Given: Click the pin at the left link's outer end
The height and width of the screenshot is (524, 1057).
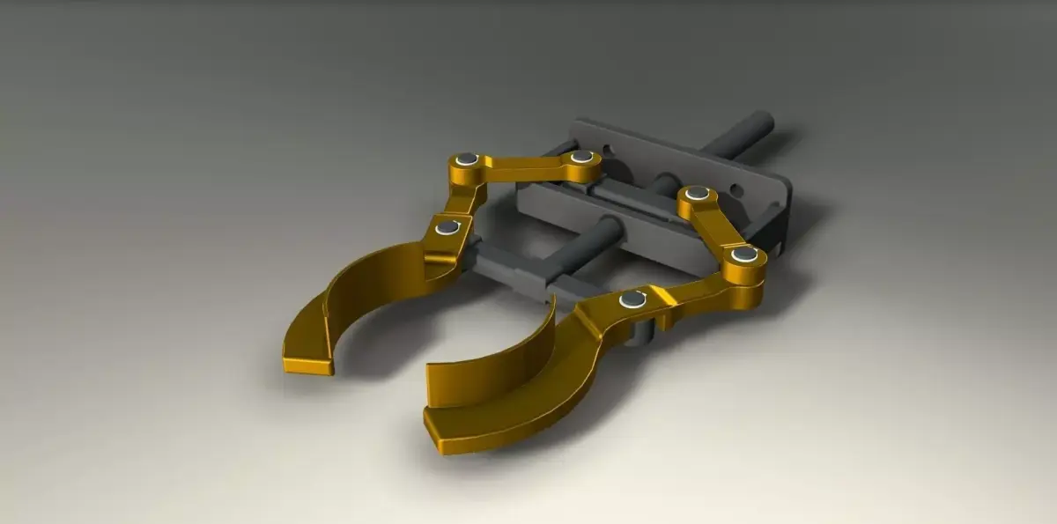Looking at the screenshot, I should click(x=467, y=159).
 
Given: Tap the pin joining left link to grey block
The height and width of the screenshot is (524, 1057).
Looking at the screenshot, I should click(x=580, y=157).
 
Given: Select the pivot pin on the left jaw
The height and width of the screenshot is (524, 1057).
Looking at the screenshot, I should click(x=447, y=227).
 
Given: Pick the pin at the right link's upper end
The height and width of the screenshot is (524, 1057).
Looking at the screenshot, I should click(x=697, y=193).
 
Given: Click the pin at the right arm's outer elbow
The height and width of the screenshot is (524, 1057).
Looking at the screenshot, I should click(x=744, y=255).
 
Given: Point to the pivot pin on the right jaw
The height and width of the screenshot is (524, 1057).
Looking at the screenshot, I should click(x=632, y=300).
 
